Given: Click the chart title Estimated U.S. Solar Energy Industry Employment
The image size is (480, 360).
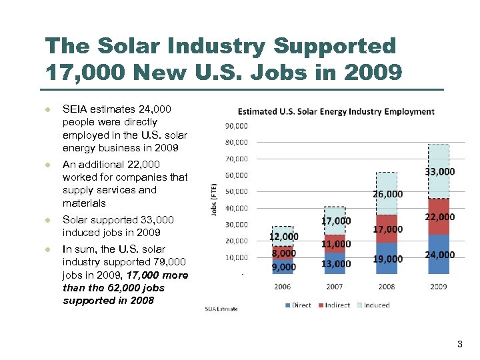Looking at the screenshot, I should pyautogui.click(x=336, y=111).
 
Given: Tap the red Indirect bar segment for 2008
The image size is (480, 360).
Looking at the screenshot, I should pyautogui.click(x=387, y=229).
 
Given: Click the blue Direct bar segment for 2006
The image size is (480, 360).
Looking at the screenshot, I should pyautogui.click(x=283, y=265).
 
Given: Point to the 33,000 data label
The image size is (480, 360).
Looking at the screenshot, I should pyautogui.click(x=440, y=171).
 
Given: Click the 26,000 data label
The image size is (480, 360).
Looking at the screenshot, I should pyautogui.click(x=387, y=194).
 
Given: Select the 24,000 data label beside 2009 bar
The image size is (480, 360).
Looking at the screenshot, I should pyautogui.click(x=440, y=255).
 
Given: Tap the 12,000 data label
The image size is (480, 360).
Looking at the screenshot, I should pyautogui.click(x=283, y=237).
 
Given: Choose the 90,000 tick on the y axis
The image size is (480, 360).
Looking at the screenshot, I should pyautogui.click(x=236, y=126).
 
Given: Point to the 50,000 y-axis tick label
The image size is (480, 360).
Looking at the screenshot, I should pyautogui.click(x=236, y=192).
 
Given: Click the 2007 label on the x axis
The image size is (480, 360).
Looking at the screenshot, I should pyautogui.click(x=335, y=287).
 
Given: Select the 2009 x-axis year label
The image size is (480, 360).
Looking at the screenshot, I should pyautogui.click(x=438, y=287).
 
